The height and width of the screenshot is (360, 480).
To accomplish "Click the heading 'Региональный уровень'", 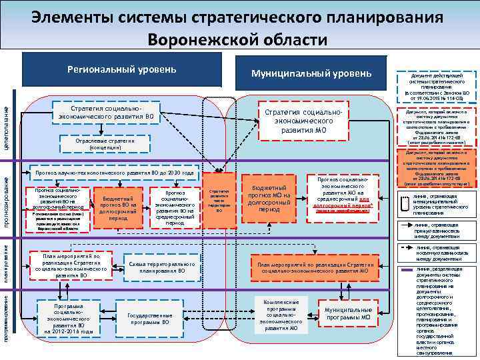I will (122, 69).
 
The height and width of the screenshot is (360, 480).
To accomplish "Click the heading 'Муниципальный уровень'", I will (311, 73).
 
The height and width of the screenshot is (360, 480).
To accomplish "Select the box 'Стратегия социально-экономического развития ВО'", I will (107, 113).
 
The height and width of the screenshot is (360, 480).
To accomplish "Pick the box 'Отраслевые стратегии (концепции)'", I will (107, 143).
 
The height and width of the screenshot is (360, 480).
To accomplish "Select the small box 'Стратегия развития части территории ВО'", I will (219, 199).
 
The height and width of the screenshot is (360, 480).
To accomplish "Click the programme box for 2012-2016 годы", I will (69, 317).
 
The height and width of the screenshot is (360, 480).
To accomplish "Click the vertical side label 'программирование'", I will (7, 316).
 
